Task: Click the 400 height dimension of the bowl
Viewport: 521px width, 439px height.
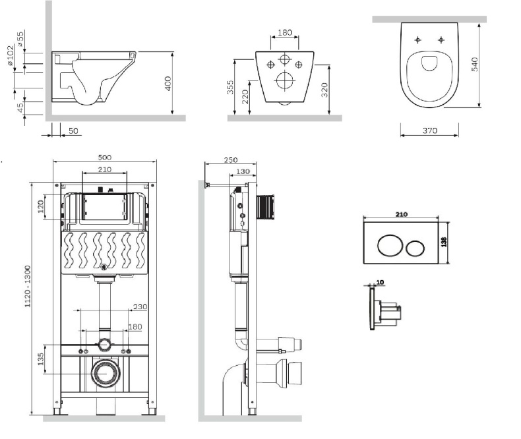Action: [x=168, y=84]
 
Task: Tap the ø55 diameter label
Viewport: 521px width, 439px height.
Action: [x=20, y=39]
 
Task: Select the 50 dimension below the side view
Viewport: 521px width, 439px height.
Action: [x=73, y=131]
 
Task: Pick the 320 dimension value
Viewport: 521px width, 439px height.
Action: [x=324, y=90]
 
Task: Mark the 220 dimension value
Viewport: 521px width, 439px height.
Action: [x=246, y=97]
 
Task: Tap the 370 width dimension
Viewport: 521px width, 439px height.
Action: [x=429, y=131]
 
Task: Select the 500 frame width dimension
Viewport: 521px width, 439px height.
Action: [x=104, y=157]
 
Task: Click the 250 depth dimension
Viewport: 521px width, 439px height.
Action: [x=231, y=160]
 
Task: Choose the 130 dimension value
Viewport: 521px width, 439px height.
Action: [x=242, y=171]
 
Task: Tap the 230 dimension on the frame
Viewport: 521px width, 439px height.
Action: [x=139, y=307]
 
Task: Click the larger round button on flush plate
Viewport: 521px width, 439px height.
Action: [x=388, y=248]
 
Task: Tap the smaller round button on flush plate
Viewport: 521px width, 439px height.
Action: [x=415, y=249]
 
